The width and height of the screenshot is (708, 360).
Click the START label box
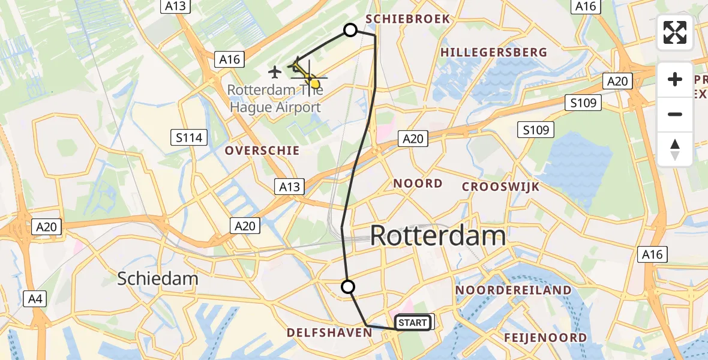point(412,323)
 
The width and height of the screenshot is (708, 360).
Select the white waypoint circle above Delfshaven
point(347,287)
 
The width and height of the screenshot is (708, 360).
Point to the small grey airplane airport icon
point(275,73)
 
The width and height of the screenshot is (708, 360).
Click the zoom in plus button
point(675,79)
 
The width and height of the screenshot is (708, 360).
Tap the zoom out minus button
point(675,114)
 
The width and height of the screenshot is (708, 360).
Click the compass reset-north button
point(675,149)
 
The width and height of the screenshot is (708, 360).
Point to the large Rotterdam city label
point(438,236)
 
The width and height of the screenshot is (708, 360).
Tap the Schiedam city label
point(158,278)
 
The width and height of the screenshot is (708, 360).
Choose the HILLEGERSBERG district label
point(494,52)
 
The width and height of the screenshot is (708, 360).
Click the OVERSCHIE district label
point(262,151)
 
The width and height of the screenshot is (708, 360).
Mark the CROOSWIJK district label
point(500,187)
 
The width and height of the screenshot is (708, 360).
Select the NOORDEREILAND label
point(514,290)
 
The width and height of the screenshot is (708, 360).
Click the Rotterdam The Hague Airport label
point(275,99)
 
